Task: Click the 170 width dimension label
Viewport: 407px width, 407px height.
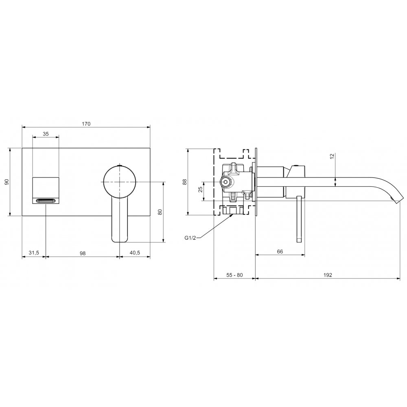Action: point(86,124)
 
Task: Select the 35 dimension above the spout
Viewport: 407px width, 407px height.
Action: point(46,134)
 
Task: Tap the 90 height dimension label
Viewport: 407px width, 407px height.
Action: point(7,182)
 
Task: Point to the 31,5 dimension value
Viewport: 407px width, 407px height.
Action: point(34,253)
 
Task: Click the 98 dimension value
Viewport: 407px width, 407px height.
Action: point(83,253)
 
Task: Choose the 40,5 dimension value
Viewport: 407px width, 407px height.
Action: point(134,253)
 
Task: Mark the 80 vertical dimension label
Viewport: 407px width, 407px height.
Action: point(160,212)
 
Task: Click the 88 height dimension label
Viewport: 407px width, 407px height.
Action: point(184,182)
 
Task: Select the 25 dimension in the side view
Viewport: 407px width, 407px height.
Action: point(200,189)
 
